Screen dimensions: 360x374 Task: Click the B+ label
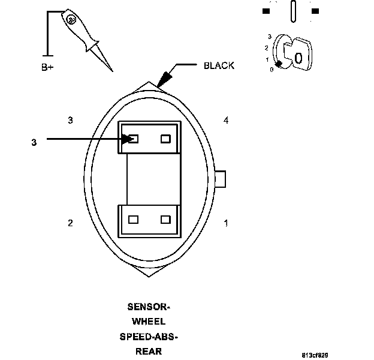(x=47, y=67)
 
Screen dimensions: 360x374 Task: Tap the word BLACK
(x=219, y=65)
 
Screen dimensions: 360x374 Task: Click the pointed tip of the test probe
(x=112, y=71)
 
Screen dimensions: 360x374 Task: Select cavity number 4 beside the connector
(x=226, y=121)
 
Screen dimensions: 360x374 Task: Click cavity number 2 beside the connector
(x=71, y=223)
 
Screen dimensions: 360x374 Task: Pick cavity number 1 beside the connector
(x=226, y=223)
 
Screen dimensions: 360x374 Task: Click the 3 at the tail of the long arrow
(x=34, y=142)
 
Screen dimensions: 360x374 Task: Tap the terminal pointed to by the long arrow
(x=134, y=139)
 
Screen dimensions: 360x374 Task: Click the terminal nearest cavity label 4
(x=166, y=139)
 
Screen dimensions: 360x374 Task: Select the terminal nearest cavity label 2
(x=134, y=220)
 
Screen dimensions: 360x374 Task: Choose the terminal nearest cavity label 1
(x=166, y=220)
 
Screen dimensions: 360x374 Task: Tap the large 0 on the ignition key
(x=298, y=58)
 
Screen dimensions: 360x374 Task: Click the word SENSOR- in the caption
(x=149, y=306)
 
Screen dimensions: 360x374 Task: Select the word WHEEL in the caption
(x=149, y=322)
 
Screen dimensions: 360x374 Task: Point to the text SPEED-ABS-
(x=149, y=337)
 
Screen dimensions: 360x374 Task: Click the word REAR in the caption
(x=149, y=352)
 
